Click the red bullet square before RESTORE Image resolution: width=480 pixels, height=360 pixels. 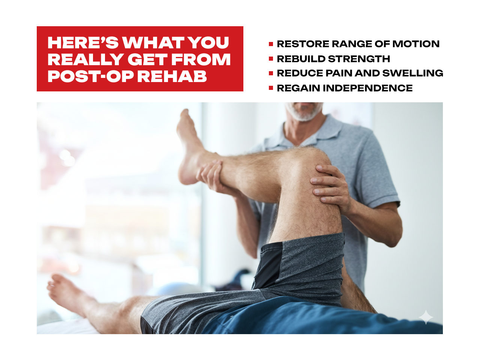pos(271,44)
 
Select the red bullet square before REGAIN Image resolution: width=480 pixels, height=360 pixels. pos(271,88)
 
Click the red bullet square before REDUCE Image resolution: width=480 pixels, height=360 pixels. pos(271,73)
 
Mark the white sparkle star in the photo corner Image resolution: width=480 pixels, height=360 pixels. pos(426,317)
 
